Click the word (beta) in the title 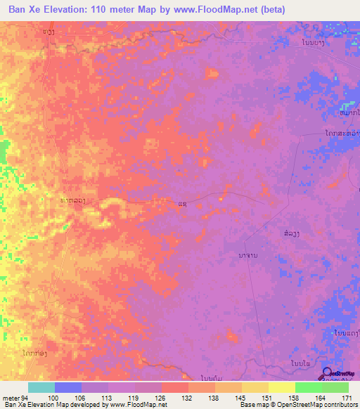(271, 8)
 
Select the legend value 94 (27, 398)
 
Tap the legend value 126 (161, 398)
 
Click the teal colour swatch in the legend (41, 387)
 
